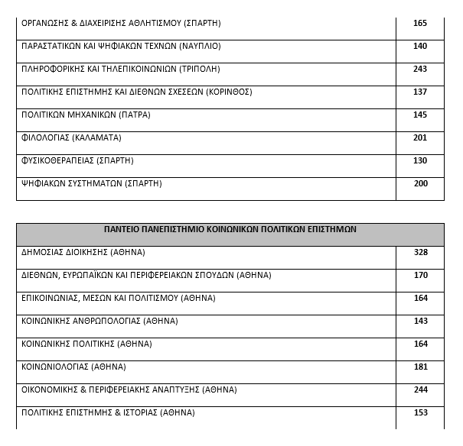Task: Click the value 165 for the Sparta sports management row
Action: point(419,23)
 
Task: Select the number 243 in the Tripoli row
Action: point(419,69)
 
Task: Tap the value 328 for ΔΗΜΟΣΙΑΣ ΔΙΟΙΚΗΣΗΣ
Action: point(419,252)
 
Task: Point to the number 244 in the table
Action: point(419,389)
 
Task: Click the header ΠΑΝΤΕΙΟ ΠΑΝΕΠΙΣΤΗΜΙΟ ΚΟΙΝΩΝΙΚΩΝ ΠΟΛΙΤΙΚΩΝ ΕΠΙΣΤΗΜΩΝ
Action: point(230,229)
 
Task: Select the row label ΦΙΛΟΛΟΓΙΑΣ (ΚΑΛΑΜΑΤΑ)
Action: point(71,137)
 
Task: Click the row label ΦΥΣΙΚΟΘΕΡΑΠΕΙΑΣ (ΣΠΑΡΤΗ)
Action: point(77,160)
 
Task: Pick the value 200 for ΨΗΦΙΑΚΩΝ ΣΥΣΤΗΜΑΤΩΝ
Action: point(419,183)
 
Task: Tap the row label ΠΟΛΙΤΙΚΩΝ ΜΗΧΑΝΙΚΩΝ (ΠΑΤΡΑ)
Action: point(86,115)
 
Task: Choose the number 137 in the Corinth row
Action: point(419,92)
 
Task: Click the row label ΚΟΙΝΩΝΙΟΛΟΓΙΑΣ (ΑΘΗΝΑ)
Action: point(73,367)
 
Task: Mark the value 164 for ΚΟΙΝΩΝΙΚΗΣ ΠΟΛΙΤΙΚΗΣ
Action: point(419,344)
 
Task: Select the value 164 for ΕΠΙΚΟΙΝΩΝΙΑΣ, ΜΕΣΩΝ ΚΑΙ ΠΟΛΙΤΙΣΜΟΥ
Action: point(419,298)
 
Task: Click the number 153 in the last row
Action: point(419,412)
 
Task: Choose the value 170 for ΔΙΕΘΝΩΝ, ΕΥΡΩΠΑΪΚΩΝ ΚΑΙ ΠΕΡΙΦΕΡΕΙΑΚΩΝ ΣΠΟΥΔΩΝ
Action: point(419,275)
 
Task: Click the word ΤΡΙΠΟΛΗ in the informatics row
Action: point(199,69)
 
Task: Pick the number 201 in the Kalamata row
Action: point(419,137)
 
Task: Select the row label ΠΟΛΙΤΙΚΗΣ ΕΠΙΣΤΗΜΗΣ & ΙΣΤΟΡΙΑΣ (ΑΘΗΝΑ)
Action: point(108,412)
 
